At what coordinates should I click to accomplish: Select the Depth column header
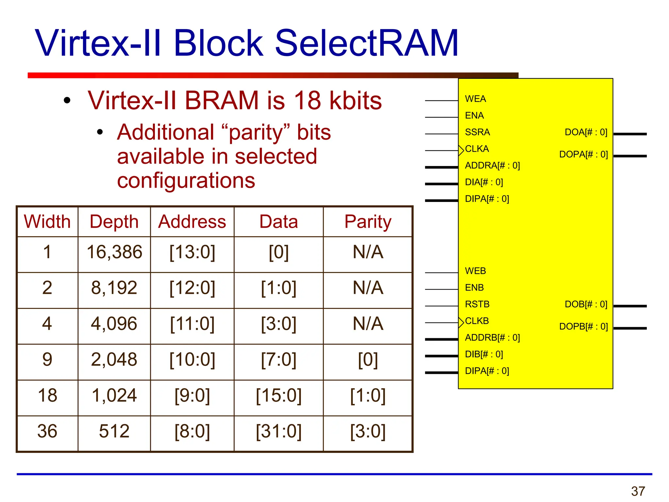click(x=114, y=222)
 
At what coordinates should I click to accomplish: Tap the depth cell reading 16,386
click(x=114, y=252)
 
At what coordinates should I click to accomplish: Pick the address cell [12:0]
click(x=192, y=288)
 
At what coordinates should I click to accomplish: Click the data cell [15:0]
click(x=279, y=395)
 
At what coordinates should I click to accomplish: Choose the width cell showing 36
click(x=47, y=431)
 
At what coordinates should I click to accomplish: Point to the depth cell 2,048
click(x=114, y=360)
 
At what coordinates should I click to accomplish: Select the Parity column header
click(x=368, y=222)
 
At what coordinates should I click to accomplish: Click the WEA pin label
click(x=475, y=99)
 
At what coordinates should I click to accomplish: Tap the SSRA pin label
click(x=477, y=132)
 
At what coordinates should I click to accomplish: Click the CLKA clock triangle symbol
click(x=461, y=150)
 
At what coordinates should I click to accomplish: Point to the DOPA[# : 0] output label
click(x=583, y=154)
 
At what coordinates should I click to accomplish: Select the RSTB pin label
click(x=477, y=304)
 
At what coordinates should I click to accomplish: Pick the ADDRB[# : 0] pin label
click(x=492, y=338)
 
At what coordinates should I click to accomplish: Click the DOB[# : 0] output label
click(x=586, y=304)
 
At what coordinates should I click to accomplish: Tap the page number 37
click(x=638, y=491)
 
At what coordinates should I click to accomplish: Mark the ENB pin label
click(x=474, y=288)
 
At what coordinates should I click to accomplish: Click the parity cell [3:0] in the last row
click(x=368, y=431)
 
